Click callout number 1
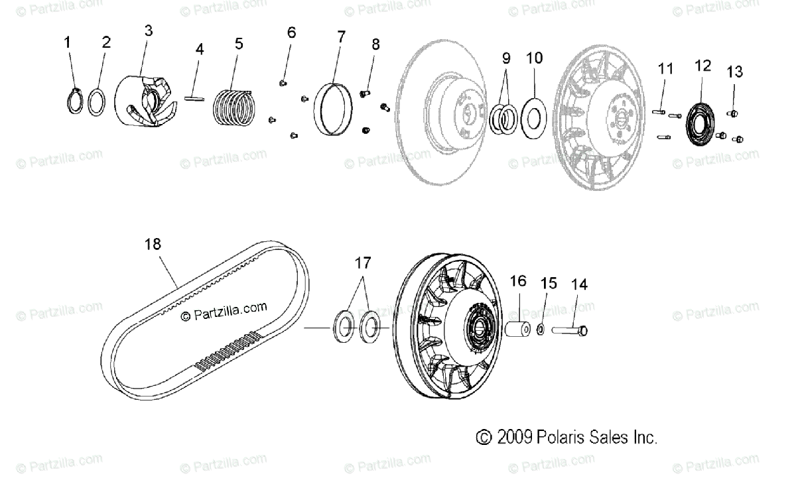[x=67, y=42]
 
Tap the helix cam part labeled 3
[x=147, y=100]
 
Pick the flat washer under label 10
[x=534, y=116]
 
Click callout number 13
[x=734, y=72]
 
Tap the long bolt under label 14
[x=570, y=330]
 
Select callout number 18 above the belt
[x=153, y=245]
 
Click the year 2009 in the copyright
[x=516, y=438]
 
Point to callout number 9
[x=506, y=57]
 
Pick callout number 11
[x=665, y=68]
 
